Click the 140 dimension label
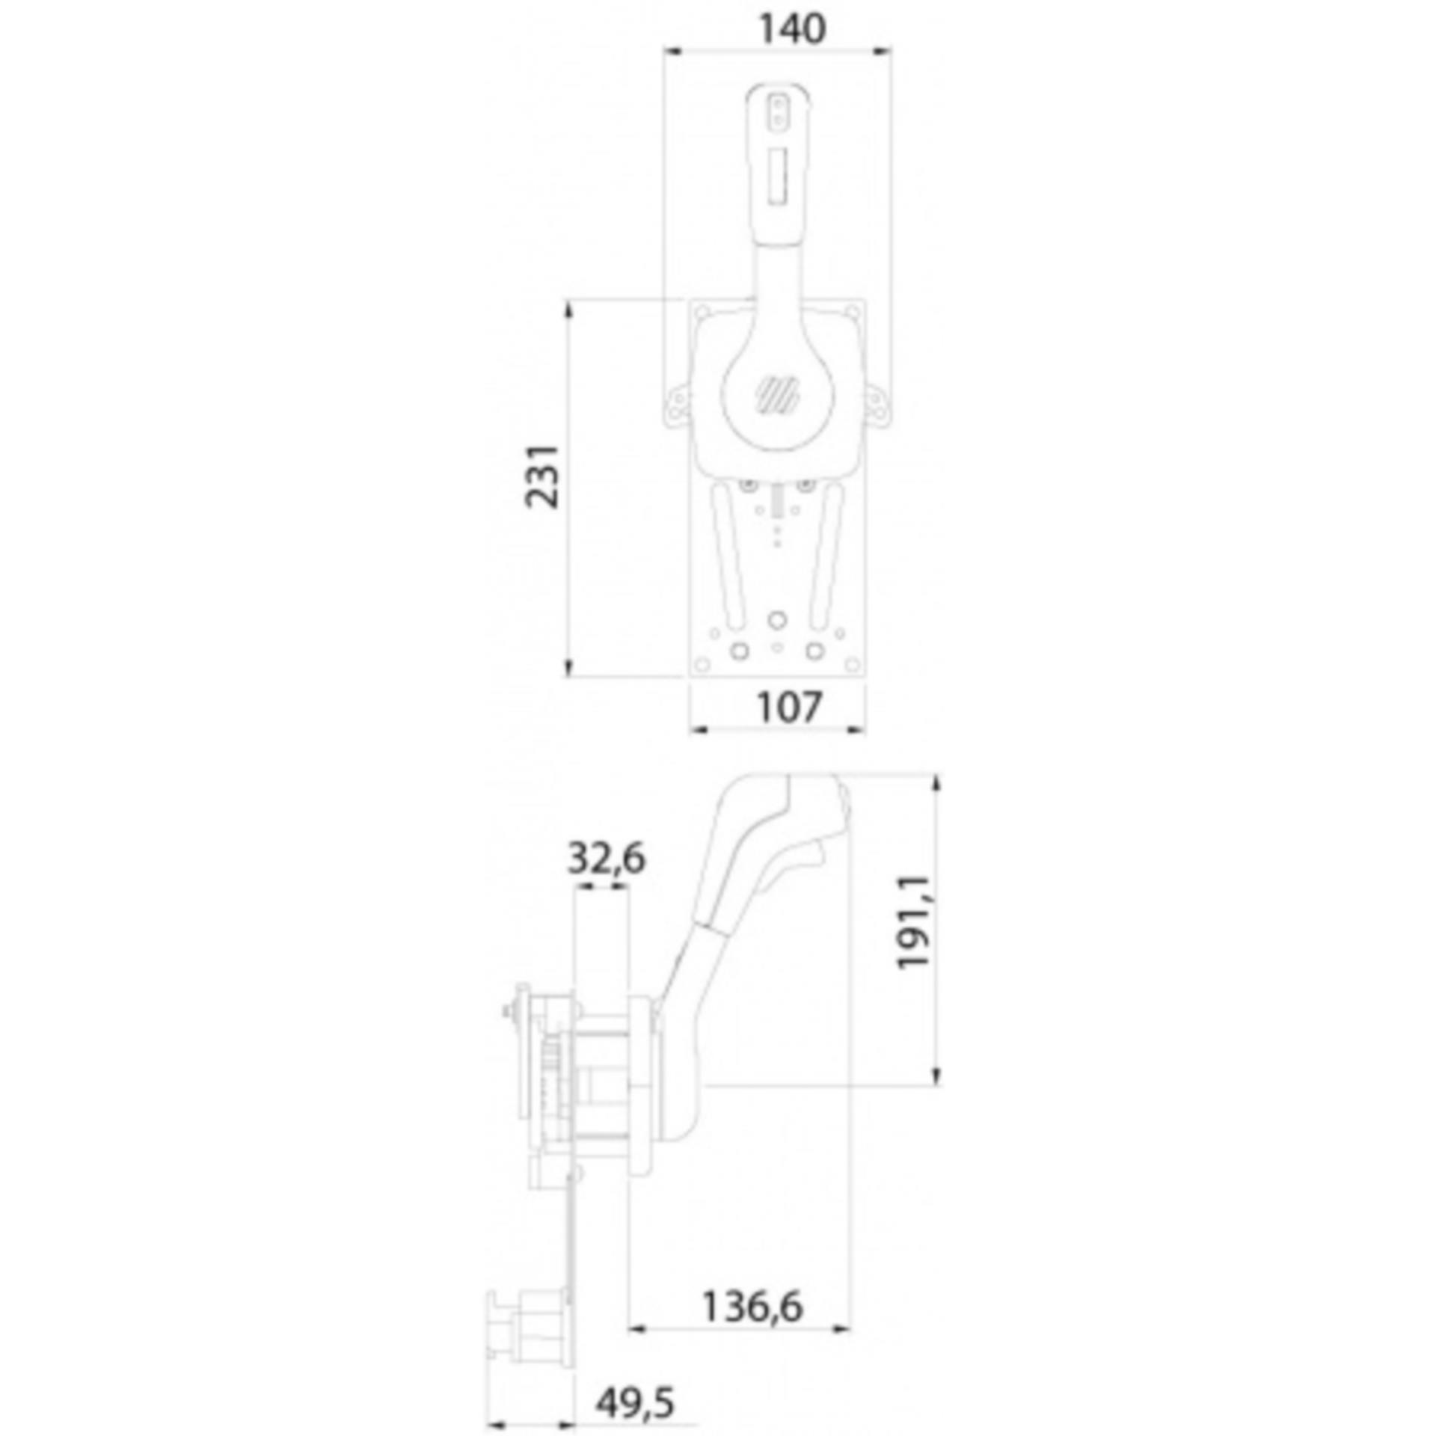(x=792, y=29)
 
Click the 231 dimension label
(x=541, y=476)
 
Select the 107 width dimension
(x=789, y=707)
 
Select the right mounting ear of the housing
(x=876, y=405)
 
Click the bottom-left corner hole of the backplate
(x=702, y=663)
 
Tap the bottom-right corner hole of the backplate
(x=852, y=663)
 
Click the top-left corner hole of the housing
(x=702, y=312)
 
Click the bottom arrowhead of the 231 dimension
(x=568, y=667)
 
